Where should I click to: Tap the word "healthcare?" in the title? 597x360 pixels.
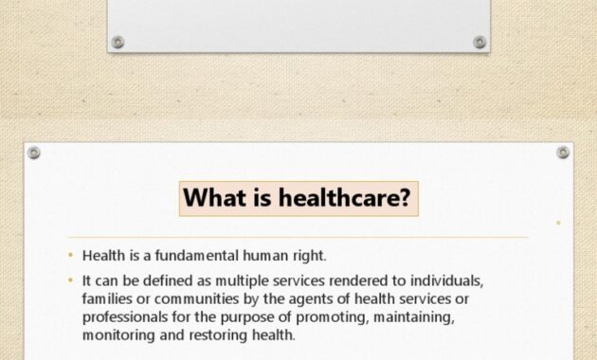pyautogui.click(x=345, y=197)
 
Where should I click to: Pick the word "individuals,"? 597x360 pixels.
pyautogui.click(x=446, y=280)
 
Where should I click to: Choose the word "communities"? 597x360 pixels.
pyautogui.click(x=196, y=298)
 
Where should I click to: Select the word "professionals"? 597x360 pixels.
pyautogui.click(x=125, y=317)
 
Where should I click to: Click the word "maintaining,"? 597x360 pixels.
pyautogui.click(x=414, y=317)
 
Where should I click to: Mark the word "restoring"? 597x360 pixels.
pyautogui.click(x=219, y=335)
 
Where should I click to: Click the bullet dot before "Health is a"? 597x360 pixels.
pyautogui.click(x=70, y=256)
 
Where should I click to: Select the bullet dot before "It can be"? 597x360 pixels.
pyautogui.click(x=70, y=280)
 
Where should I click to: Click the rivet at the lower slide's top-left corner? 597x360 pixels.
pyautogui.click(x=34, y=153)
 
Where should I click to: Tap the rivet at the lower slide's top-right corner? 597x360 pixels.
pyautogui.click(x=563, y=153)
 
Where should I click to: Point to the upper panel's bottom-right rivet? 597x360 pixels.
pyautogui.click(x=479, y=43)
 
